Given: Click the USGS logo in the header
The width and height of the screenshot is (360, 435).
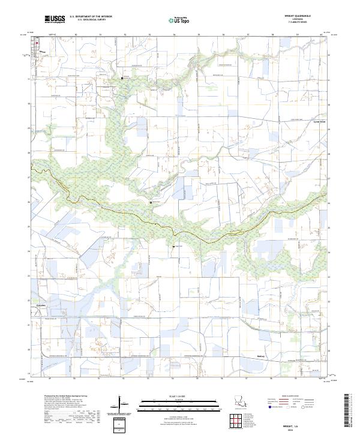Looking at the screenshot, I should tap(55, 19).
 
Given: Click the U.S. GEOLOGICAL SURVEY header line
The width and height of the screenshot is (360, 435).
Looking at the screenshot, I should tap(90, 20).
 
